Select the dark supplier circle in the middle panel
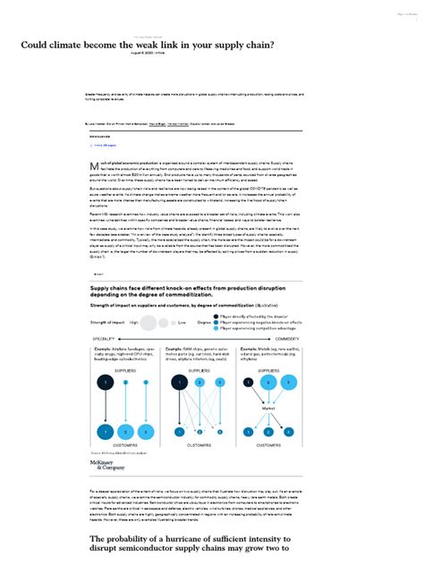point(186,383)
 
